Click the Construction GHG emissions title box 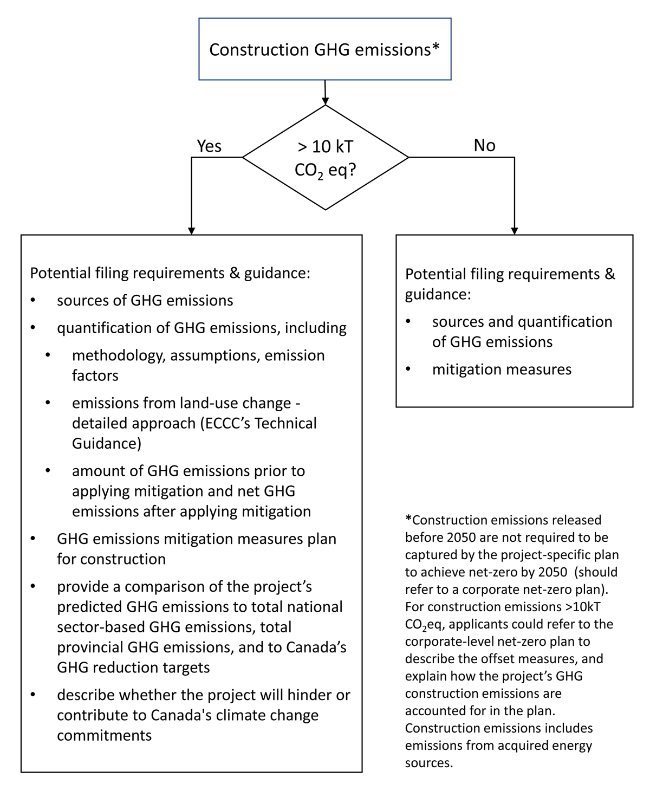[324, 49]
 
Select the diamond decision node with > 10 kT [325, 157]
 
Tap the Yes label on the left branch [209, 146]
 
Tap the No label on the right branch [484, 146]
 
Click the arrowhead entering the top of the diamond [325, 101]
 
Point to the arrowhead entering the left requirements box [191, 230]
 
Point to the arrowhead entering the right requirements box [514, 230]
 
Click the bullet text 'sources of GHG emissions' [145, 300]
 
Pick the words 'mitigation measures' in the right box [502, 370]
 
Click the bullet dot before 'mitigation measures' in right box [409, 370]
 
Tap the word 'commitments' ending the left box [104, 735]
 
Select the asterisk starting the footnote [408, 520]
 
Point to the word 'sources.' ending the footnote [428, 763]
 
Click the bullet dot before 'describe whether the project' [34, 695]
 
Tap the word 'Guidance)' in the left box [106, 443]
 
